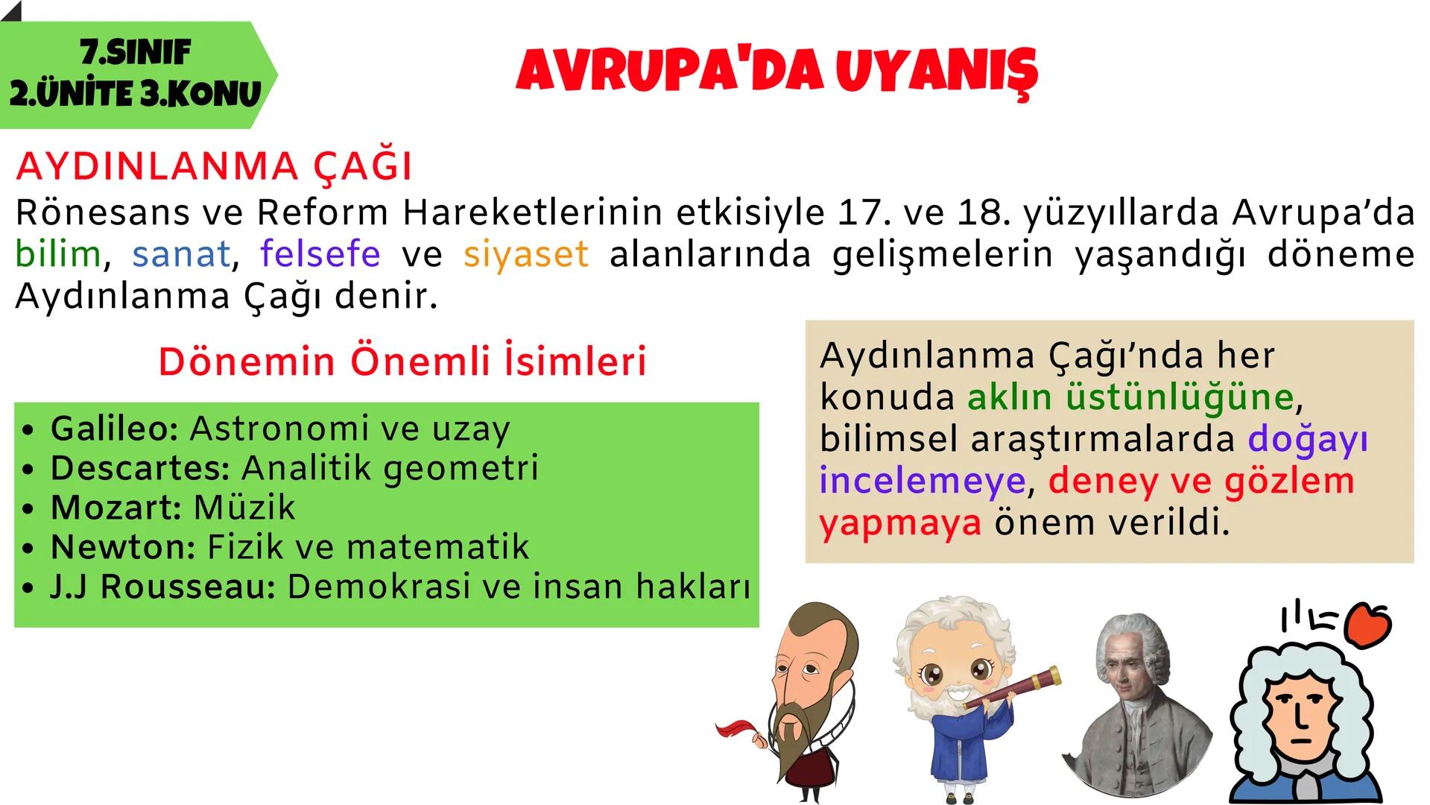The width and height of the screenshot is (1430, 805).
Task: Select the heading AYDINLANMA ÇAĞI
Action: (x=214, y=166)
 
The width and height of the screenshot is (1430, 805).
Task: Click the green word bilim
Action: (x=58, y=254)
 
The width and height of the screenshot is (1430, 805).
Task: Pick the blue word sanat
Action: (x=181, y=254)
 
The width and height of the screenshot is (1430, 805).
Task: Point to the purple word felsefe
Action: (x=320, y=254)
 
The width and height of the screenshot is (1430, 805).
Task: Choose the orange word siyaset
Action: (x=525, y=254)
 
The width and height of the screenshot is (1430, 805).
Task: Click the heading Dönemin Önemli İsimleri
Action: (x=402, y=362)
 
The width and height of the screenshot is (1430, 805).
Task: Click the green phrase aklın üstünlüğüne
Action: (x=1130, y=397)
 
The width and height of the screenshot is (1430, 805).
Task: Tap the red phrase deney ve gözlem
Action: (x=1201, y=481)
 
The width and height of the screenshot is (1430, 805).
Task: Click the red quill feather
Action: (x=738, y=728)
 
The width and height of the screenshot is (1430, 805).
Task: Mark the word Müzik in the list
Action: (x=244, y=508)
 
